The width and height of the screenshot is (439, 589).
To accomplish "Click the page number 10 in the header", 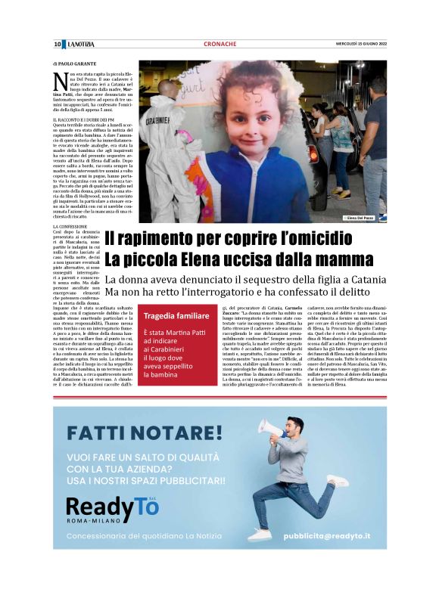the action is (x=57, y=45).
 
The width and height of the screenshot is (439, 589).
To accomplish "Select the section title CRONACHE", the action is (x=219, y=45).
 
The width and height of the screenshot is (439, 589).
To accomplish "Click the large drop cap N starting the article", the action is (x=59, y=80).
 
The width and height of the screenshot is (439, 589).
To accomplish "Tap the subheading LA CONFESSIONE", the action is (x=70, y=227).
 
